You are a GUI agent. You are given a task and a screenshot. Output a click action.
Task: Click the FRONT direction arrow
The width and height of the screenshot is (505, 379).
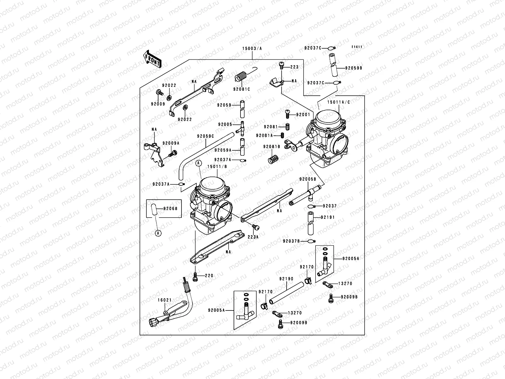coord(152,59)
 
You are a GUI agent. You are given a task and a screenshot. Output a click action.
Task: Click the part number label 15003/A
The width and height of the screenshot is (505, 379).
coord(252,48)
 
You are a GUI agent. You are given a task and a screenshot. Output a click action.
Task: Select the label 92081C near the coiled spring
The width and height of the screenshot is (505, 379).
coord(241,89)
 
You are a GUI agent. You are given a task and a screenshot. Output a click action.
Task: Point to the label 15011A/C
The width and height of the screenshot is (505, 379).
coord(338,102)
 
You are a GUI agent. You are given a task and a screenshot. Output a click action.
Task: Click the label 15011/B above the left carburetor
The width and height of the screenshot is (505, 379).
coord(217,166)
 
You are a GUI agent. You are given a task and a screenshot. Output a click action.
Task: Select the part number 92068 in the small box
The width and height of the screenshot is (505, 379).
coord(171,208)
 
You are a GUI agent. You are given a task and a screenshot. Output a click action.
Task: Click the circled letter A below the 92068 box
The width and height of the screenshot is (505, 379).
coord(158,233)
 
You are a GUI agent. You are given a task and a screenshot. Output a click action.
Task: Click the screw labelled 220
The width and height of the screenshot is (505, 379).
coord(195,277)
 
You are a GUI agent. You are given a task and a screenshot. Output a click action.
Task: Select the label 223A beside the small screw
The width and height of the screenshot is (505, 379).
coord(253,237)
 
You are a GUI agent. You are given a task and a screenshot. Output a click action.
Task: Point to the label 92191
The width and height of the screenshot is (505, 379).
coord(328,217)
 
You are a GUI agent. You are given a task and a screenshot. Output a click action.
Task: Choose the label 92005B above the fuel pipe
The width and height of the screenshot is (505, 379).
coord(307,179)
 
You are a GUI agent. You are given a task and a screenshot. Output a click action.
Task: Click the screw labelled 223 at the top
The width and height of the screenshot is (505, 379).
coord(281,65)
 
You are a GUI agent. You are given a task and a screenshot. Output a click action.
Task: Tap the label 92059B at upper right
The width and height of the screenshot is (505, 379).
coord(353,68)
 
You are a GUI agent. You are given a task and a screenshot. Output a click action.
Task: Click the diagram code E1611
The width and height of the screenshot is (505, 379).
coord(357,47)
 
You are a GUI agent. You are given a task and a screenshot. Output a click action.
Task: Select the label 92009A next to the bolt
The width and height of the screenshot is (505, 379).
coord(171,143)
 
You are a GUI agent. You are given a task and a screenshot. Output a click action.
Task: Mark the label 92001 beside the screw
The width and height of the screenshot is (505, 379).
coord(303,115)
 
